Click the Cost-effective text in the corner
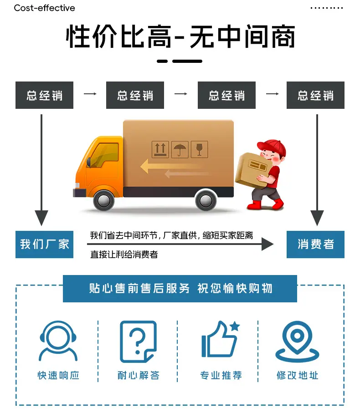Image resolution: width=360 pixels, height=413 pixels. pyautogui.click(x=44, y=8)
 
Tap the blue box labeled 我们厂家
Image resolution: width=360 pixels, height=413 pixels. pyautogui.click(x=44, y=245)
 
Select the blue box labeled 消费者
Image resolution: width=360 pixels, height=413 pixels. pyautogui.click(x=315, y=245)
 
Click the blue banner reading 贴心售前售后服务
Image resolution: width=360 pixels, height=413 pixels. pyautogui.click(x=180, y=288)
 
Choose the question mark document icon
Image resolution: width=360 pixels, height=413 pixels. pyautogui.click(x=139, y=342)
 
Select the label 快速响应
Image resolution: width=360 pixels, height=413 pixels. pyautogui.click(x=58, y=375)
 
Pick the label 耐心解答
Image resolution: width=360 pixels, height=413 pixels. pyautogui.click(x=139, y=375)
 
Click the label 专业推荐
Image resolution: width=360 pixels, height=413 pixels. pyautogui.click(x=221, y=375)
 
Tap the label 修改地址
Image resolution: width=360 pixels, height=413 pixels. pyautogui.click(x=297, y=375)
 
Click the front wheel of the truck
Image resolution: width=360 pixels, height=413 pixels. pyautogui.click(x=104, y=200)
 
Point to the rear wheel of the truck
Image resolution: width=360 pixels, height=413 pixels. pyautogui.click(x=206, y=200)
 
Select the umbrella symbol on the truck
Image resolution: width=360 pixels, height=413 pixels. pyautogui.click(x=180, y=149)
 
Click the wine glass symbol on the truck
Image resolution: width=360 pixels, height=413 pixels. pyautogui.click(x=199, y=149)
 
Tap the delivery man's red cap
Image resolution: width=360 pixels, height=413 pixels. pyautogui.click(x=273, y=147)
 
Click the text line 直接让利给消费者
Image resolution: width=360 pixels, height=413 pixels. pyautogui.click(x=124, y=255)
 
